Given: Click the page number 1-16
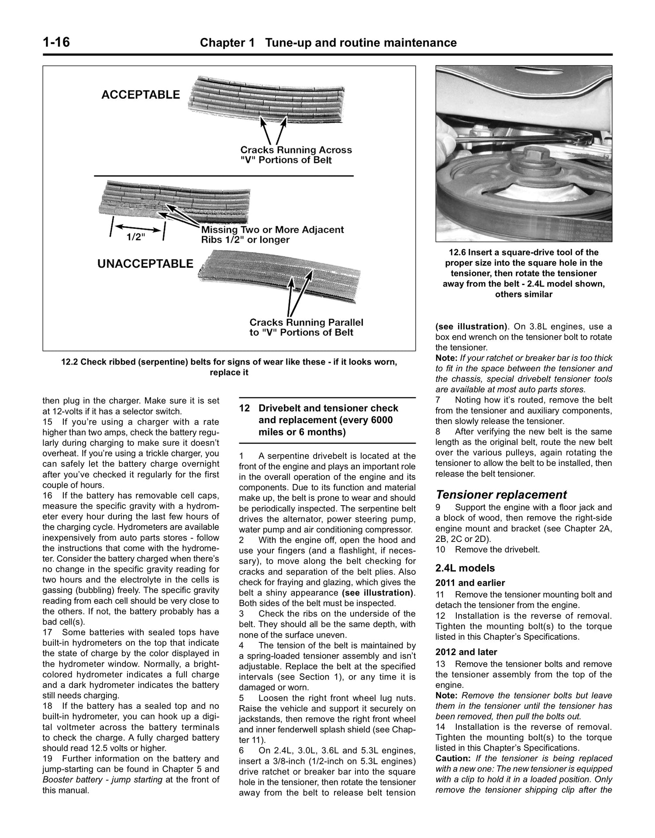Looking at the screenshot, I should pyautogui.click(x=56, y=42).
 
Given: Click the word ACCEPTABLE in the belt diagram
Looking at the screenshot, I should pyautogui.click(x=140, y=95).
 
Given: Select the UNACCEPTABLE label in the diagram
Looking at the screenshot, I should pyautogui.click(x=145, y=264).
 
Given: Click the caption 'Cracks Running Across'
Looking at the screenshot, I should pyautogui.click(x=296, y=150).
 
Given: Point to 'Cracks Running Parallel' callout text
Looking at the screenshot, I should pyautogui.click(x=306, y=322).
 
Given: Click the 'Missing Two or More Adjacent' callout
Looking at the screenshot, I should pyautogui.click(x=272, y=230).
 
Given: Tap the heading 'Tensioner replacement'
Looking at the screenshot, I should pyautogui.click(x=501, y=495).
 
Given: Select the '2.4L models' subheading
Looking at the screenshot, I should pyautogui.click(x=465, y=568).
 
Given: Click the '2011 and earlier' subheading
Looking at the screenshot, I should pyautogui.click(x=470, y=583).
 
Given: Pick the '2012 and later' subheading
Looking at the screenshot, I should pyautogui.click(x=466, y=652).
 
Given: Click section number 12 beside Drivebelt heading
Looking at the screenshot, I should pyautogui.click(x=244, y=408).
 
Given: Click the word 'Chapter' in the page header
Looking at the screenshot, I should pyautogui.click(x=220, y=43).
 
